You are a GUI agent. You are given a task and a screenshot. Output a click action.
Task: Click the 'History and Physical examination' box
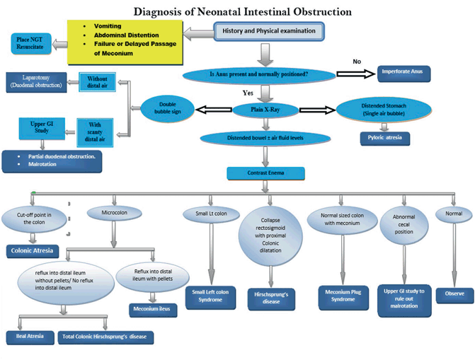click(269, 31)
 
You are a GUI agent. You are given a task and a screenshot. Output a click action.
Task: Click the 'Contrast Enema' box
click(265, 172)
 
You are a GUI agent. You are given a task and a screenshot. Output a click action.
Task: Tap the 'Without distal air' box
click(98, 82)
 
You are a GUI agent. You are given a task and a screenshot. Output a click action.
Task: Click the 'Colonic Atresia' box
click(33, 250)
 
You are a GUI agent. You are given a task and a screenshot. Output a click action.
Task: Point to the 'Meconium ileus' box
click(152, 309)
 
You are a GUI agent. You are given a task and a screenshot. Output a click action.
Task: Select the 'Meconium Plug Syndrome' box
click(343, 294)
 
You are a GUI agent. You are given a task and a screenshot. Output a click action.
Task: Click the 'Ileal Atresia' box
click(30, 336)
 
